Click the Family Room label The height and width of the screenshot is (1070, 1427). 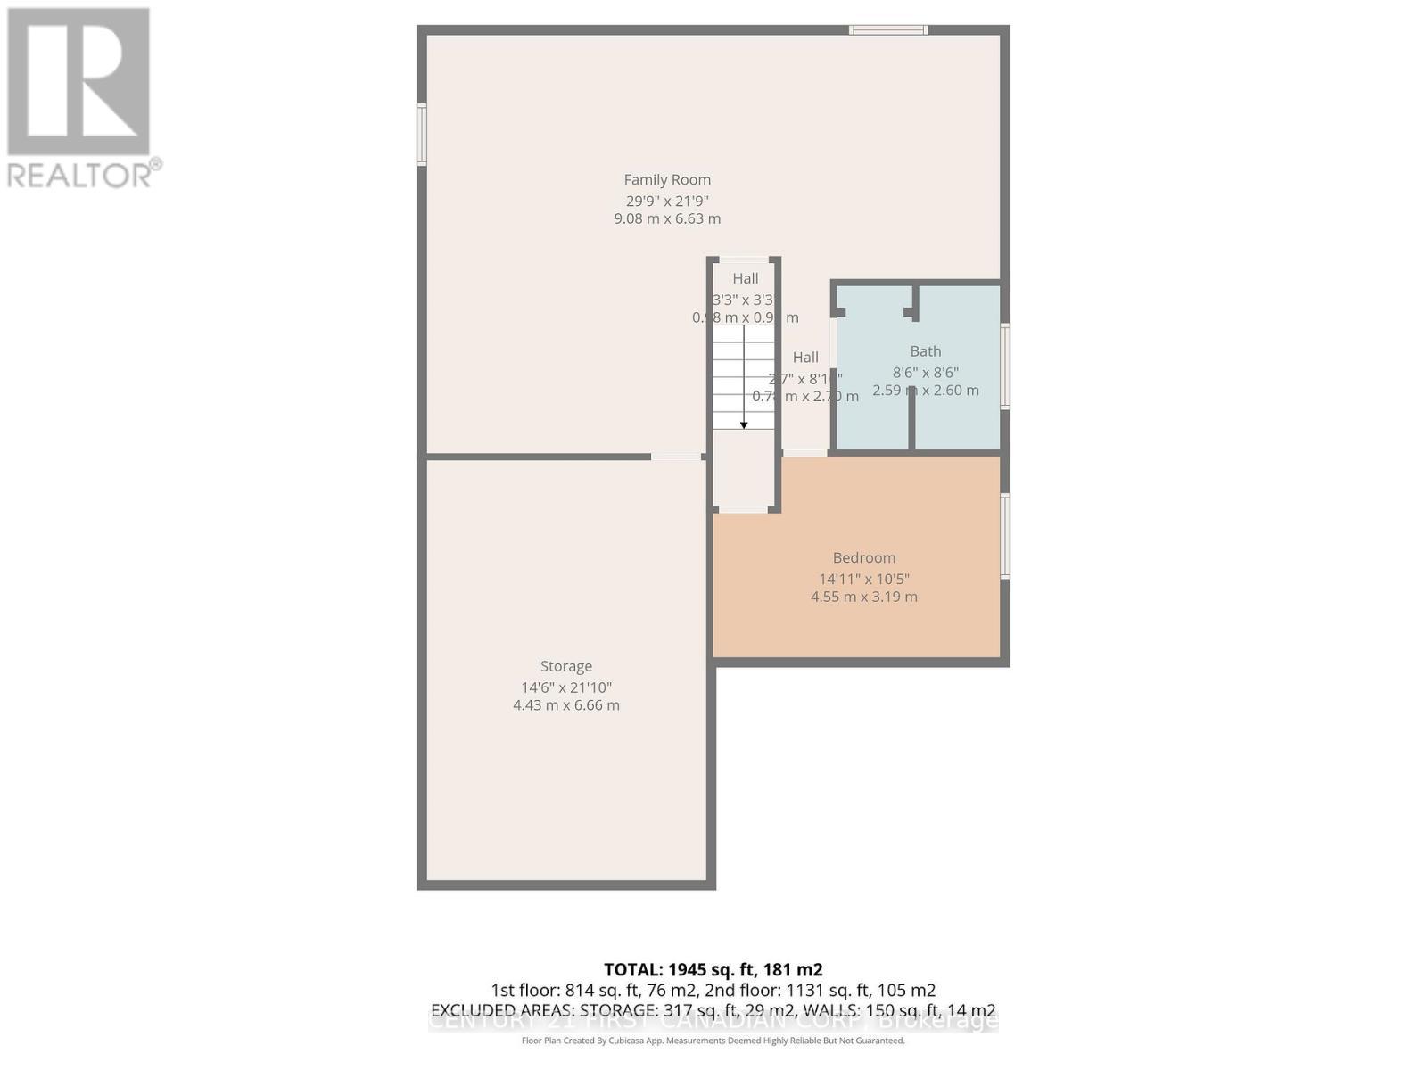click(x=667, y=180)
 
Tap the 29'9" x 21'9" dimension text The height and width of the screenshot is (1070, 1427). click(x=667, y=202)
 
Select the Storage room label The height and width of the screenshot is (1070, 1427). click(x=566, y=666)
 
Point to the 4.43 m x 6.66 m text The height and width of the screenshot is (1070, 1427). click(x=566, y=705)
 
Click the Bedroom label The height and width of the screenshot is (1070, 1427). click(x=863, y=558)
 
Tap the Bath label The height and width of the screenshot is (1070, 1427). click(x=926, y=351)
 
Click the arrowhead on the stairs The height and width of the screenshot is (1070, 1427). click(x=744, y=425)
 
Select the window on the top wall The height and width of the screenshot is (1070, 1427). click(x=887, y=30)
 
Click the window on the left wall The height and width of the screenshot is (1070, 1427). click(x=422, y=135)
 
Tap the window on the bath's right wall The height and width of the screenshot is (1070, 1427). click(x=1005, y=366)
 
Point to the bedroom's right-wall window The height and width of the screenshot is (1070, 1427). click(x=1005, y=536)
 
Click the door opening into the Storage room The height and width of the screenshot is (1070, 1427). click(x=676, y=457)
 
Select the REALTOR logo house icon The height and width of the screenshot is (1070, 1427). click(x=78, y=81)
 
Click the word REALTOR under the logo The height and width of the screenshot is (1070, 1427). click(x=80, y=175)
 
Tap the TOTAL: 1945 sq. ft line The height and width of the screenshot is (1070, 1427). click(x=713, y=969)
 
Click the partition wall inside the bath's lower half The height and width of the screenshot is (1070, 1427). click(x=911, y=419)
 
